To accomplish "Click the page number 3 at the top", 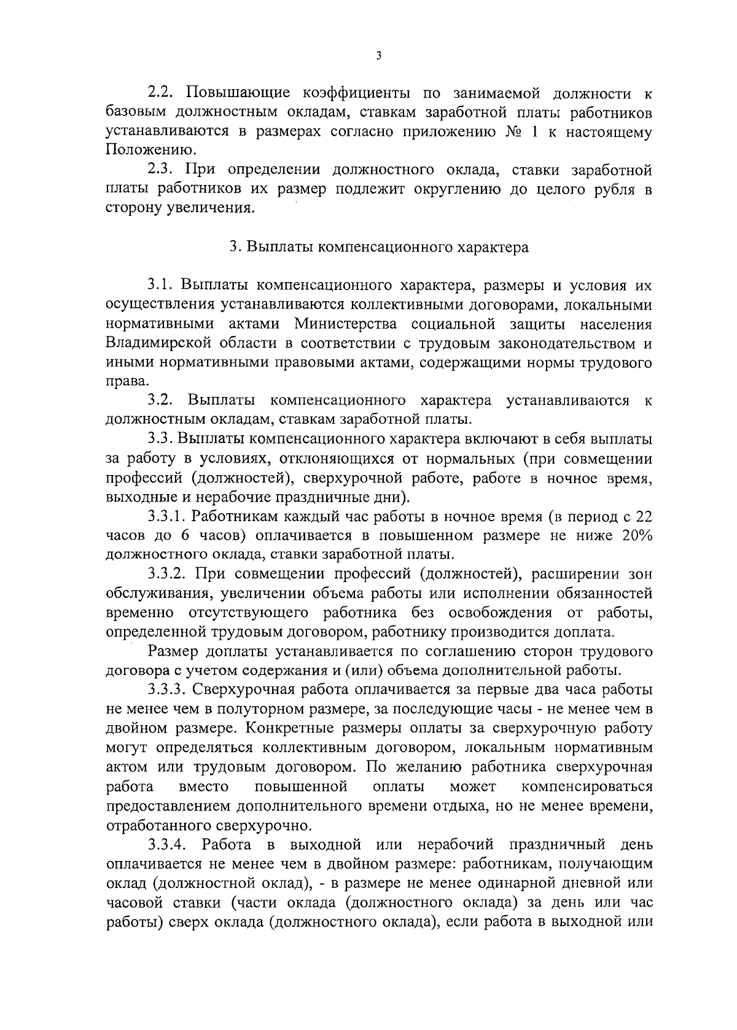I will (x=378, y=56).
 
